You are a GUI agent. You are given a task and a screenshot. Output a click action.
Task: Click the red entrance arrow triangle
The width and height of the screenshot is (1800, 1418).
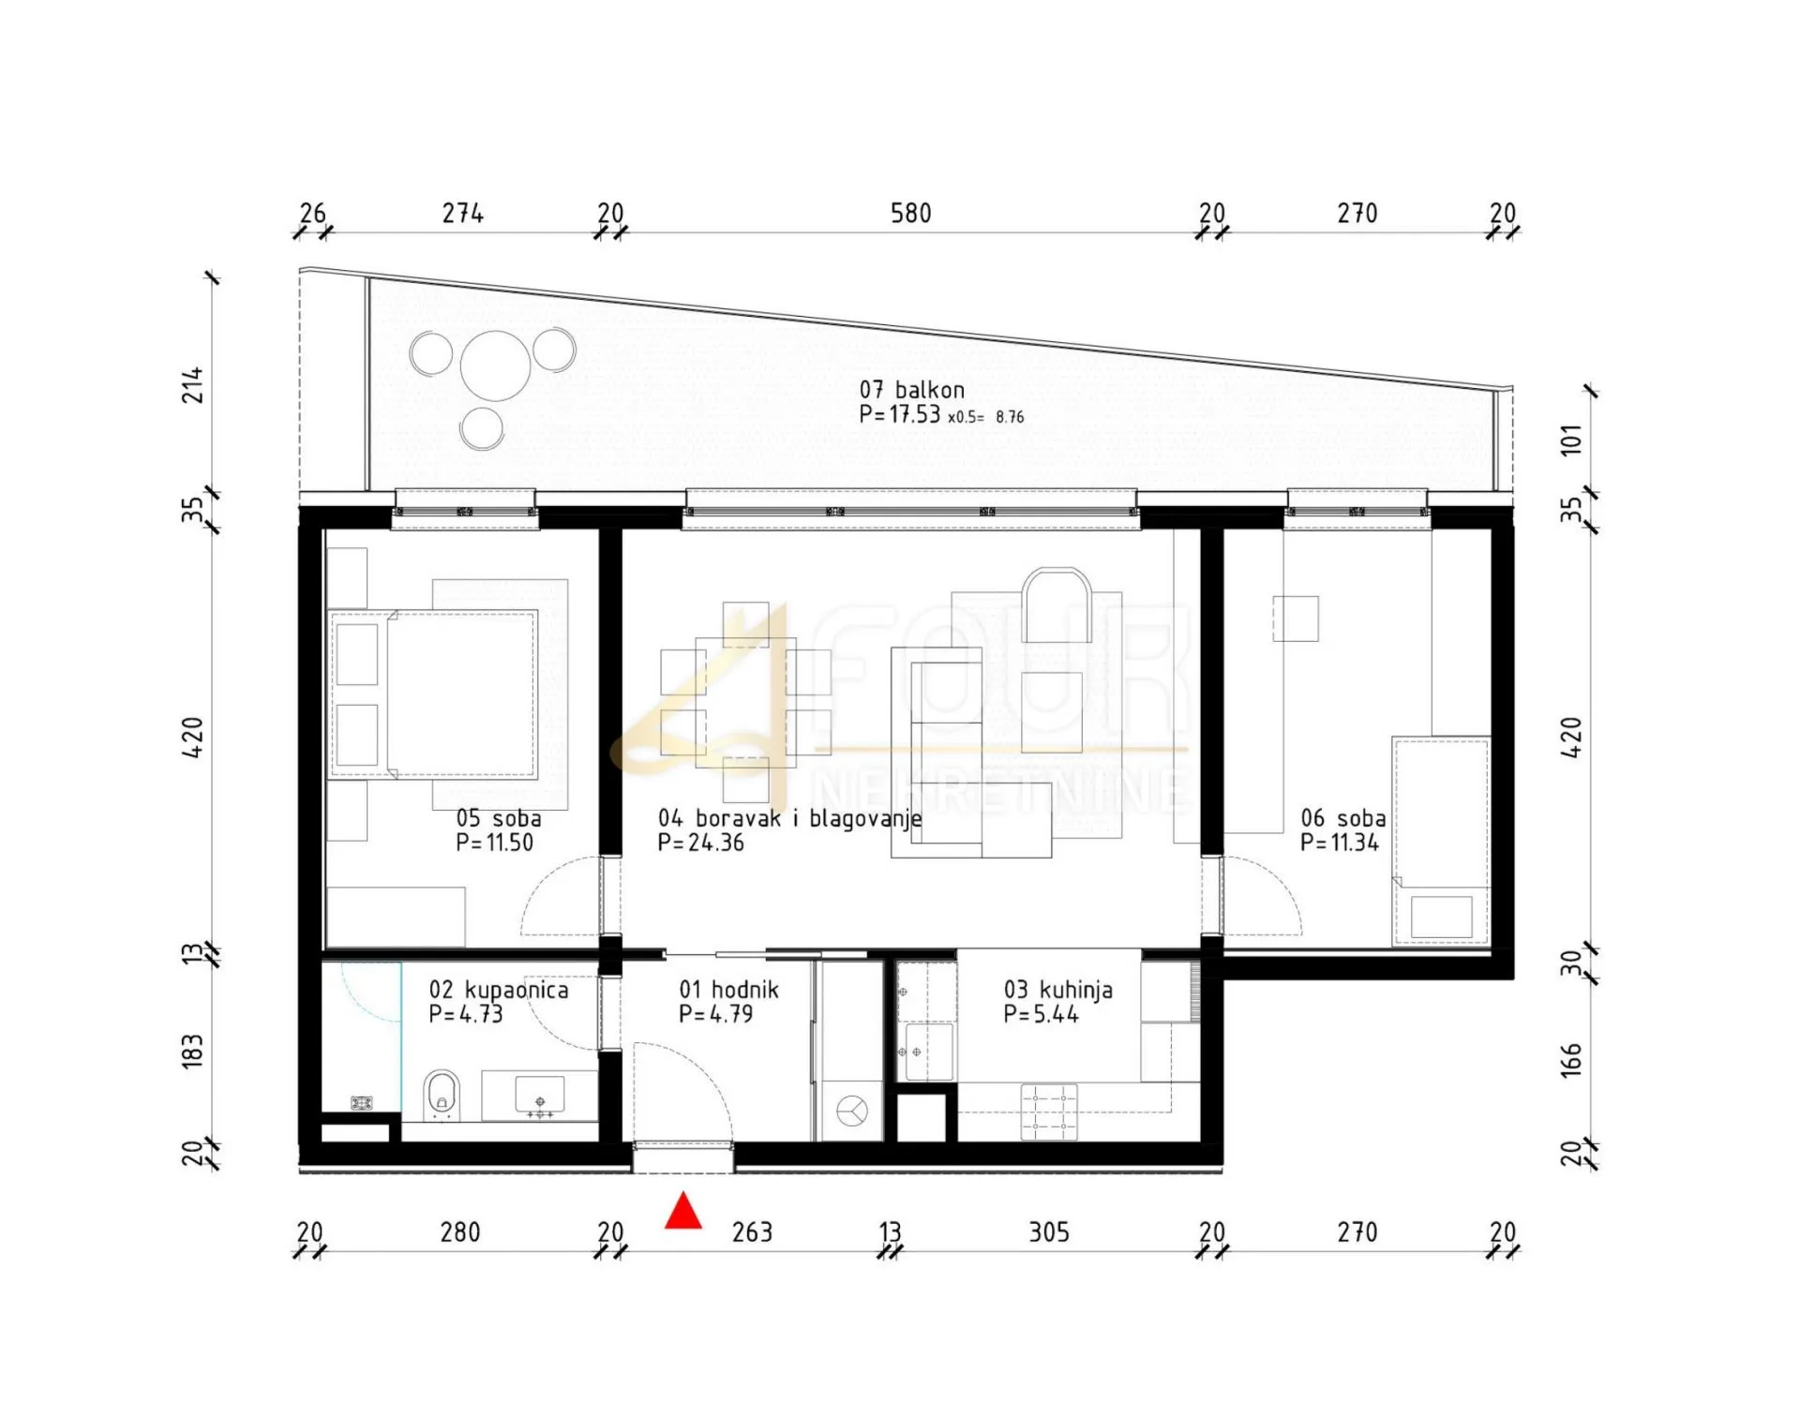683,1210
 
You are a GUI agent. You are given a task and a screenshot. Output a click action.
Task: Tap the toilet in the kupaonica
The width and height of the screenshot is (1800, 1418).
442,1096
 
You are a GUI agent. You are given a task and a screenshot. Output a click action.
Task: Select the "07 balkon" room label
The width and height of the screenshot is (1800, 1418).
911,390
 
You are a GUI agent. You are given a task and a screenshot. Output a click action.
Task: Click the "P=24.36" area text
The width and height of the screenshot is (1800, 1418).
700,843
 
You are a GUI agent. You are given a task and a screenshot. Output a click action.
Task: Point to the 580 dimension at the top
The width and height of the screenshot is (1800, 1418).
910,214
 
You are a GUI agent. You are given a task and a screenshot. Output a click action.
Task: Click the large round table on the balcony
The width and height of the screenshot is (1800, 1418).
495,366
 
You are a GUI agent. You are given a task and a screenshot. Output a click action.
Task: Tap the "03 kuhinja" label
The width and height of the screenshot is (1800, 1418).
1057,990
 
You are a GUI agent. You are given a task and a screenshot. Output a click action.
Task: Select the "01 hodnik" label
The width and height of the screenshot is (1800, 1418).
728,990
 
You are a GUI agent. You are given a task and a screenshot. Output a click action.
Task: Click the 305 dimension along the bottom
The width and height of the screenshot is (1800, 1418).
1049,1231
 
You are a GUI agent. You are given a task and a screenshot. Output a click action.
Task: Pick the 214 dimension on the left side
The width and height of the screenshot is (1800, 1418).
192,385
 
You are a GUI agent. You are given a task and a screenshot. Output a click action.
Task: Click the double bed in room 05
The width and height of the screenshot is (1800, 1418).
433,694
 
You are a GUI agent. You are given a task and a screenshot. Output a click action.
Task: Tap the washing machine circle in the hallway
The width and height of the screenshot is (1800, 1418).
851,1111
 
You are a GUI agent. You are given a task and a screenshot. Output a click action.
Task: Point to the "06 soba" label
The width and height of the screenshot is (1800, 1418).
1342,818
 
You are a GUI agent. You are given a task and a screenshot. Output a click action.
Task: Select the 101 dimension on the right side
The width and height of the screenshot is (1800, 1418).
1571,440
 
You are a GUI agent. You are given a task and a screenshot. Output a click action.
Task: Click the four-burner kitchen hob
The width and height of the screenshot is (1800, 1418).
1049,1112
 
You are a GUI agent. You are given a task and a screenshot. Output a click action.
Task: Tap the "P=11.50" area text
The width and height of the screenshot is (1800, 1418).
494,843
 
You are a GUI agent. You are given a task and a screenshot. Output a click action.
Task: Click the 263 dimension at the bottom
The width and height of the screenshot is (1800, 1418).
752,1231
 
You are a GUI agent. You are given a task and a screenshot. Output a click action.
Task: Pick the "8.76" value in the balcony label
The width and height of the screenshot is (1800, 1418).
1010,417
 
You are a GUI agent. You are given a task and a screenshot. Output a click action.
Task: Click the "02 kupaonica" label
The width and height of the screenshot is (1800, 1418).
499,990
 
